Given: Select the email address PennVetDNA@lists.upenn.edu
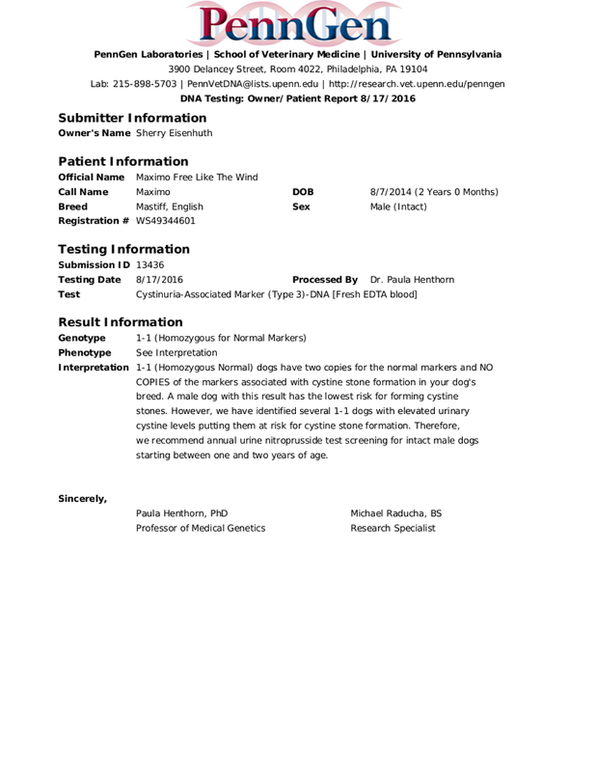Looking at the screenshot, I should click(x=252, y=84).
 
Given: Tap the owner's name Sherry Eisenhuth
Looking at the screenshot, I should click(x=174, y=133).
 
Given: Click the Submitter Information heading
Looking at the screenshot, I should click(x=132, y=118).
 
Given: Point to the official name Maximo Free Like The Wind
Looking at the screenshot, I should click(x=196, y=177).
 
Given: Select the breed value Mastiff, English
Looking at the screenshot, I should click(x=170, y=206).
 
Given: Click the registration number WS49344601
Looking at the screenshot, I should click(x=165, y=221).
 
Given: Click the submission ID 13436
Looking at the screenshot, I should click(x=150, y=265).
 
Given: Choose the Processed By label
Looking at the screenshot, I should click(x=325, y=280).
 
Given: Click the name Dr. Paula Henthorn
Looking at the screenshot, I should click(x=412, y=280).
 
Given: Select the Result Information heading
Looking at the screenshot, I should click(x=120, y=322).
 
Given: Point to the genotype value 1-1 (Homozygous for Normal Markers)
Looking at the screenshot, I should click(x=221, y=338).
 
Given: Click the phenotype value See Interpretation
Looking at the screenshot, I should click(x=176, y=353).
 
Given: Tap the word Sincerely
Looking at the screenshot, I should click(x=83, y=499).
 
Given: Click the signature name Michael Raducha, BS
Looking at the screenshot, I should click(x=396, y=513).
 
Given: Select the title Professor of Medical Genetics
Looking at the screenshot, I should click(x=201, y=528).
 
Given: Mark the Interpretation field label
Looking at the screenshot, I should click(x=93, y=367).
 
